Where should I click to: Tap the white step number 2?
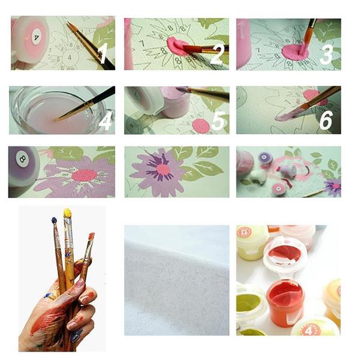point(217,55)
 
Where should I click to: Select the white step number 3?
point(326,55)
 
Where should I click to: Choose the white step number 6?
point(326,120)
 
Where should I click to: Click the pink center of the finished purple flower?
point(162,169)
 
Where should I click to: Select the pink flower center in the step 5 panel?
point(200,125)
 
